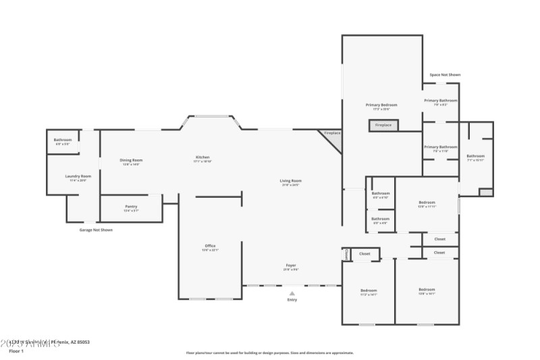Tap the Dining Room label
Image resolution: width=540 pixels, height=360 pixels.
pos(132,160)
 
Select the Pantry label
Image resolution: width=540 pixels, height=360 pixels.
pos(131,207)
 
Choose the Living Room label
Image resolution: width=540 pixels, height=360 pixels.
pos(291,180)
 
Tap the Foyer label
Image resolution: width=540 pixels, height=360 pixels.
pos(291,265)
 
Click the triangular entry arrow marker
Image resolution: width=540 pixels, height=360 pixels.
pos(292,293)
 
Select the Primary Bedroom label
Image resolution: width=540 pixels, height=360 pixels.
pos(381,105)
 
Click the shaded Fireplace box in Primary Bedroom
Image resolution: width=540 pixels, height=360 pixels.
pos(383,125)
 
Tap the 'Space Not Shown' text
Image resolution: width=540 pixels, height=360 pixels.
pos(445,75)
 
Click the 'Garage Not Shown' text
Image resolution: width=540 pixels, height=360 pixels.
pos(96,230)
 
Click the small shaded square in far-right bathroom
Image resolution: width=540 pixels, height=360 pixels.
pos(485,192)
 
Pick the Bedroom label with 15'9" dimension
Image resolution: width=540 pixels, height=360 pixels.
pos(427,203)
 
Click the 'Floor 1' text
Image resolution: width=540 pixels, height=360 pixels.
pos(16,351)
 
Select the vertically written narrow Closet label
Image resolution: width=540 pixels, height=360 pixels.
pos(346,255)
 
